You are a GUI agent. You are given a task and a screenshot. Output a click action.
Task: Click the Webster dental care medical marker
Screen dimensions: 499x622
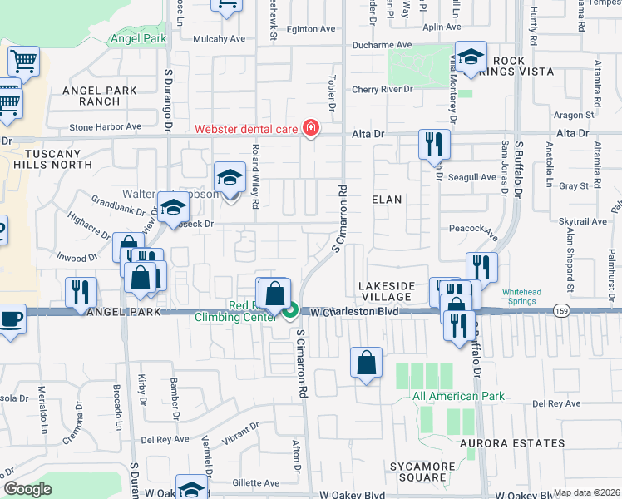coord(311,128)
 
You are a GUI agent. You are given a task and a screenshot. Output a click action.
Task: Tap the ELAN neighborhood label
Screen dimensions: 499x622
coord(387,200)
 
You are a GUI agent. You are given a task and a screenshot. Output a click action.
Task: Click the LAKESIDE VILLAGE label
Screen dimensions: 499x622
coord(386,291)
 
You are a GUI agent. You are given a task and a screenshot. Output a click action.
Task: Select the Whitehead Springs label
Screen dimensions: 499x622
coord(526,297)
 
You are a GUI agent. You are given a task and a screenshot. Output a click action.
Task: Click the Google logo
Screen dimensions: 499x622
coord(28,489)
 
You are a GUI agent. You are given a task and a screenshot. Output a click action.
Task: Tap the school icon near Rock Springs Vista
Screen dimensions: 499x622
coord(471,57)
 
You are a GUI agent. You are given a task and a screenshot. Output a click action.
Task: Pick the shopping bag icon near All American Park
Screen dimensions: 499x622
coord(366,363)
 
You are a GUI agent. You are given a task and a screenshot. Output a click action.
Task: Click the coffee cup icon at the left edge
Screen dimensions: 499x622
coord(11,320)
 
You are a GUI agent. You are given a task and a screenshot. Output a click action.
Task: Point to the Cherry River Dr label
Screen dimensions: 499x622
coord(382,89)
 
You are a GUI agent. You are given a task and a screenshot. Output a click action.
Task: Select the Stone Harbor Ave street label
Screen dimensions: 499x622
coord(106,126)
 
